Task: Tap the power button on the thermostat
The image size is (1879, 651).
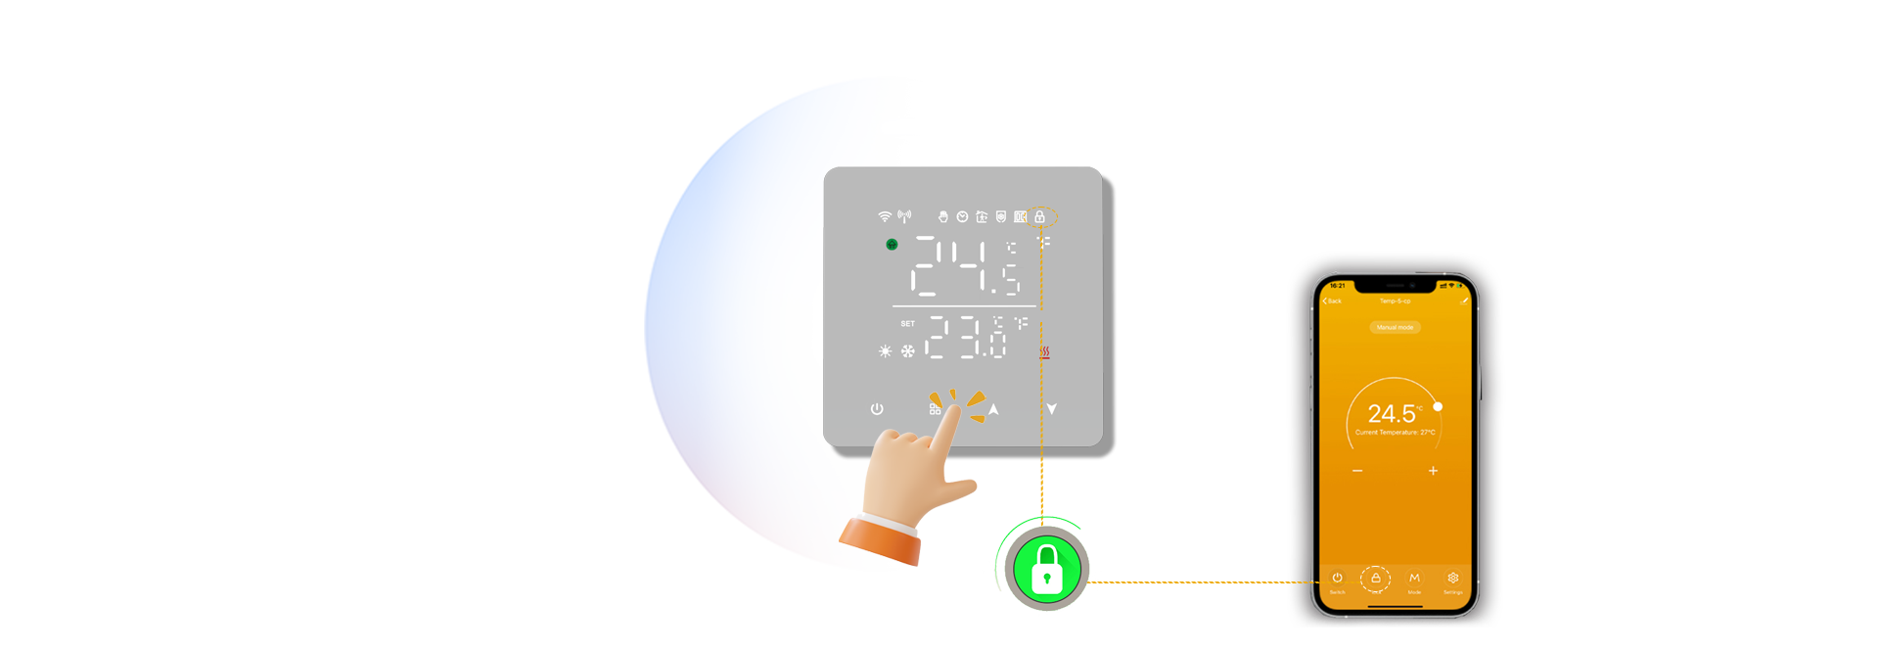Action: pyautogui.click(x=877, y=409)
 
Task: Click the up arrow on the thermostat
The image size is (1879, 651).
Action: pyautogui.click(x=993, y=409)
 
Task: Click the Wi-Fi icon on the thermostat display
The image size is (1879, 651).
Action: pyautogui.click(x=885, y=216)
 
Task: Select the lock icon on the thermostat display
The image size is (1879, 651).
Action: pyautogui.click(x=1040, y=216)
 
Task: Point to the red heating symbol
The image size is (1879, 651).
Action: pyautogui.click(x=1044, y=351)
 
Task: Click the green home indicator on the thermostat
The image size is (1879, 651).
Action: pyautogui.click(x=892, y=245)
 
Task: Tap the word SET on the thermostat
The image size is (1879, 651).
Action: pyautogui.click(x=908, y=324)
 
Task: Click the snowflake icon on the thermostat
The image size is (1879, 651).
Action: pyautogui.click(x=908, y=350)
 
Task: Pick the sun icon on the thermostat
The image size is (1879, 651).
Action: pyautogui.click(x=886, y=350)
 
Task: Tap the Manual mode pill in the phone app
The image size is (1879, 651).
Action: pyautogui.click(x=1395, y=327)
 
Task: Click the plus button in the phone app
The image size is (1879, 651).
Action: pyautogui.click(x=1433, y=471)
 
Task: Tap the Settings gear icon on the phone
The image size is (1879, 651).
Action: pyautogui.click(x=1453, y=579)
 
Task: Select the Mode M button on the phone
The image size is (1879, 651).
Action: pyautogui.click(x=1414, y=579)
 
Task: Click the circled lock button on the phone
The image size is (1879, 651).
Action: pyautogui.click(x=1376, y=579)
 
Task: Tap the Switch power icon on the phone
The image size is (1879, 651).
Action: pyautogui.click(x=1338, y=579)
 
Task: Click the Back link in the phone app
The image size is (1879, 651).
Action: pyautogui.click(x=1333, y=302)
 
